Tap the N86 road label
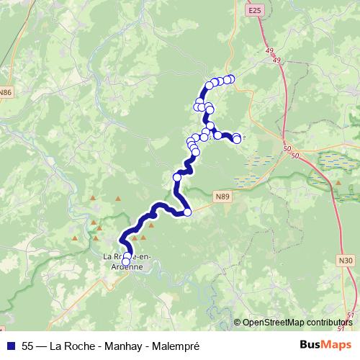click(x=6, y=92)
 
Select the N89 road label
click(x=222, y=194)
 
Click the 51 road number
click(x=350, y=315)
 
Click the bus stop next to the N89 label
click(x=188, y=212)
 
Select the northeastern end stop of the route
click(x=230, y=78)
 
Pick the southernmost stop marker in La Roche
click(x=126, y=262)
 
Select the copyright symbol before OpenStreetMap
click(x=238, y=323)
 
